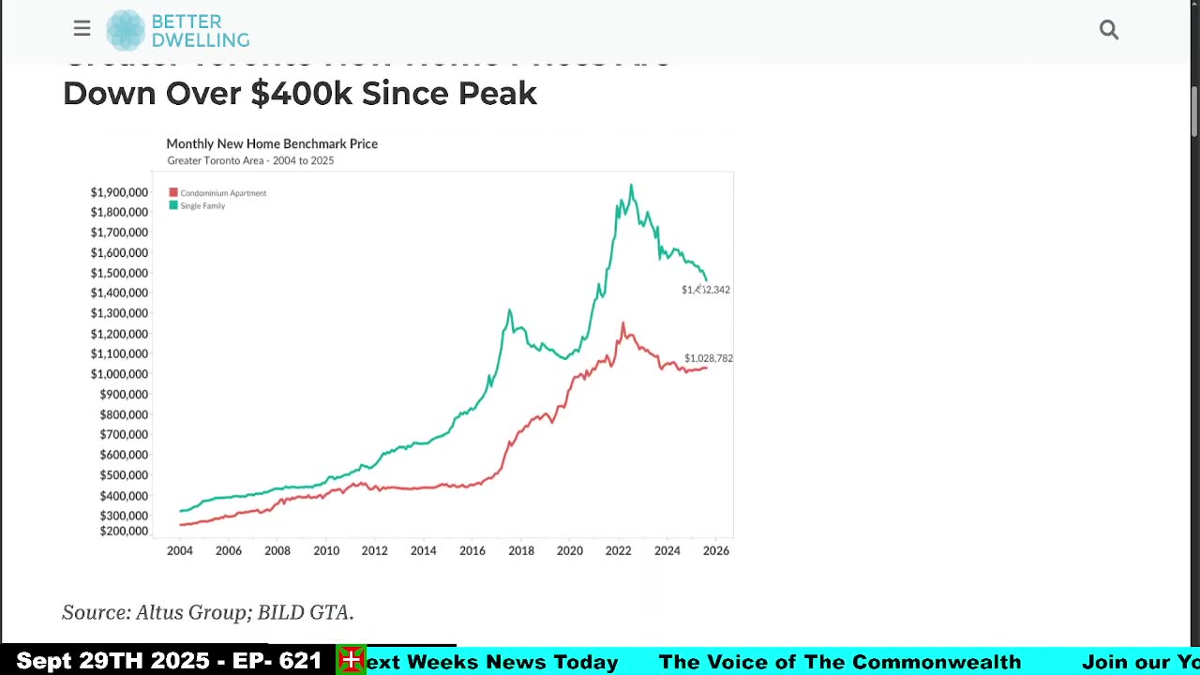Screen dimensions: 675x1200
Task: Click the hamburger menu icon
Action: click(82, 29)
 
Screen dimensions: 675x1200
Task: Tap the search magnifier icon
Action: click(1109, 30)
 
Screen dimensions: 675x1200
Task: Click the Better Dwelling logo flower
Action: click(126, 30)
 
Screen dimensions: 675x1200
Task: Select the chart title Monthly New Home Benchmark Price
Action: click(272, 143)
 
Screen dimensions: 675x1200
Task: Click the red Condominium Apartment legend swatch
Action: click(173, 193)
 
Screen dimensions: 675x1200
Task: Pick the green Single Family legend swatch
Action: click(173, 205)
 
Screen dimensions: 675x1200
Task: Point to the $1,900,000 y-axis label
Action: click(119, 192)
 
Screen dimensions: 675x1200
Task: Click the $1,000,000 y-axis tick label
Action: click(119, 374)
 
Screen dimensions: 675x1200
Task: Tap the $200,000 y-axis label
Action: click(124, 531)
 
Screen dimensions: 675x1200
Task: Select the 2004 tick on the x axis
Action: click(180, 550)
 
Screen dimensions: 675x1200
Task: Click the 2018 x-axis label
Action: click(521, 550)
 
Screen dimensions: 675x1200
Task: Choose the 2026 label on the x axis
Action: click(716, 550)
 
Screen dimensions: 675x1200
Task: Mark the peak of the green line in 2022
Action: click(631, 186)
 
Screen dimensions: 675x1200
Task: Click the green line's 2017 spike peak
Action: click(509, 310)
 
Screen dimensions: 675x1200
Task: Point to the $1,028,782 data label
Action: click(709, 358)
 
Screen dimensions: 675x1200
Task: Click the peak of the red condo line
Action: click(622, 323)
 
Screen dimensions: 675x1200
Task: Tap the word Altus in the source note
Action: click(162, 612)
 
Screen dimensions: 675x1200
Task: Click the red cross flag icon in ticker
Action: click(352, 660)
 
